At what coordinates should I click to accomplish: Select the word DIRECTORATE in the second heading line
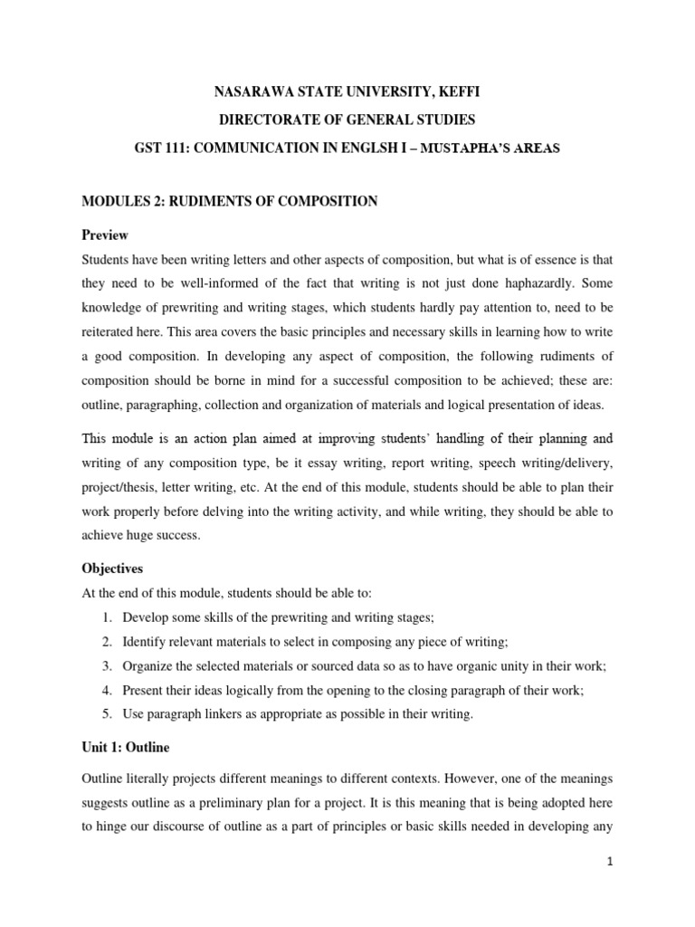click(x=270, y=120)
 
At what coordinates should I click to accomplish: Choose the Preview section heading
click(x=105, y=234)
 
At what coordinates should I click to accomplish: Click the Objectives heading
click(x=112, y=569)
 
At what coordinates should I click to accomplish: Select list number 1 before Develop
click(x=106, y=617)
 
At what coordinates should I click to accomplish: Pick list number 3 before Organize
click(x=106, y=666)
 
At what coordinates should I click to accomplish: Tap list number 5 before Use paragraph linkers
click(x=106, y=714)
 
